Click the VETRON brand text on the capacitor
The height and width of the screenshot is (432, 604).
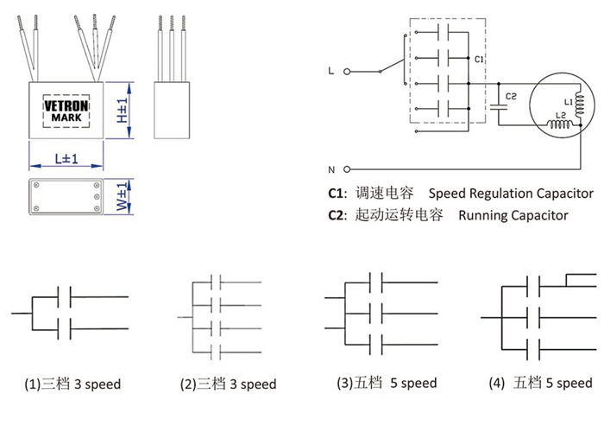pyautogui.click(x=66, y=105)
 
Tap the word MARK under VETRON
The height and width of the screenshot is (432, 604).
pyautogui.click(x=66, y=118)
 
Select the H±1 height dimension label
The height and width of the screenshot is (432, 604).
pyautogui.click(x=123, y=111)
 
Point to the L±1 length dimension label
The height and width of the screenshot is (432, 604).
pyautogui.click(x=66, y=158)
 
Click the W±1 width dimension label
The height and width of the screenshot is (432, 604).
pyautogui.click(x=122, y=197)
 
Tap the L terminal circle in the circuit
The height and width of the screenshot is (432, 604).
pyautogui.click(x=347, y=72)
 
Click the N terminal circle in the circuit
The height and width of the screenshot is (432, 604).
pyautogui.click(x=347, y=169)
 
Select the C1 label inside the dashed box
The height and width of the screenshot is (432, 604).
pyautogui.click(x=479, y=59)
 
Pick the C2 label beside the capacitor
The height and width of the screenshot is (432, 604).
pyautogui.click(x=511, y=96)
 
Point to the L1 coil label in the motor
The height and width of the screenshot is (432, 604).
pyautogui.click(x=569, y=102)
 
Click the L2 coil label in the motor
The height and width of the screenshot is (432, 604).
pyautogui.click(x=561, y=115)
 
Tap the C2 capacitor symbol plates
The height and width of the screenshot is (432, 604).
pyautogui.click(x=499, y=107)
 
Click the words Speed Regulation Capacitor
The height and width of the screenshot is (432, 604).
pyautogui.click(x=511, y=194)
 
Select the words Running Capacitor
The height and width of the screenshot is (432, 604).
pyautogui.click(x=513, y=215)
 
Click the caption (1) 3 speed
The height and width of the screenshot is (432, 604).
pyautogui.click(x=72, y=384)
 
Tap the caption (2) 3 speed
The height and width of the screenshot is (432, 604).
pyautogui.click(x=228, y=384)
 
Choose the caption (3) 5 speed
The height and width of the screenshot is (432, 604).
pyautogui.click(x=387, y=383)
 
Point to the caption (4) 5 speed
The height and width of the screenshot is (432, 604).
pyautogui.click(x=540, y=383)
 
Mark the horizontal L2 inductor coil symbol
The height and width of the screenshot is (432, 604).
pyautogui.click(x=561, y=124)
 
